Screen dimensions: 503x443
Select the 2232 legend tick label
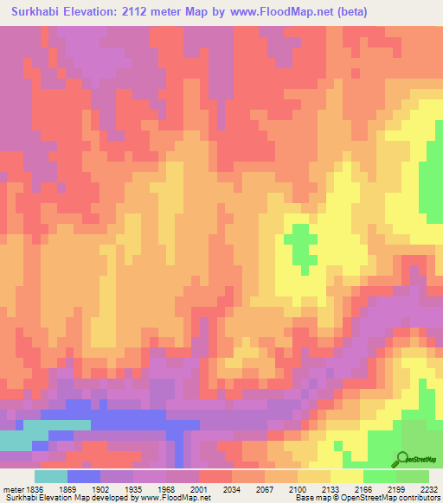point(430,489)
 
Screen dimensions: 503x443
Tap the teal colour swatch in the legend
point(50,476)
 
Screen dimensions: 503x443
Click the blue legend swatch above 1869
point(83,476)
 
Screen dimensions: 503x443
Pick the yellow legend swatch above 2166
point(346,476)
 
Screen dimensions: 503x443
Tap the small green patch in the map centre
point(300,244)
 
